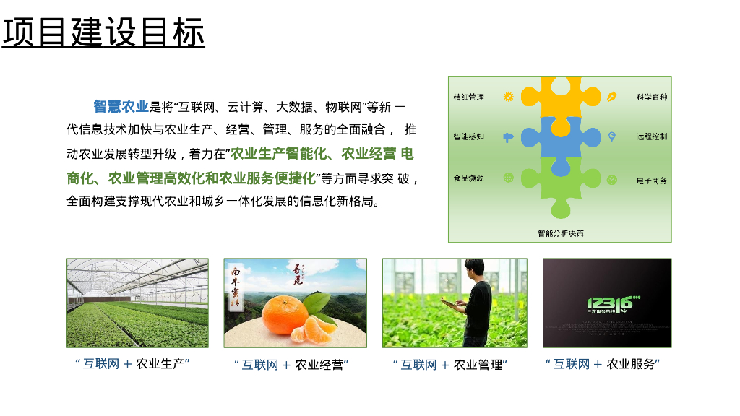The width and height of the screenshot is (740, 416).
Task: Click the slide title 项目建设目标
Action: click(x=103, y=32)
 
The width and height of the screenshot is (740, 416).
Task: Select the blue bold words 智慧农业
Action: click(x=120, y=107)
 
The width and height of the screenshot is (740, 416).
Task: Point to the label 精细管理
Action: click(x=468, y=97)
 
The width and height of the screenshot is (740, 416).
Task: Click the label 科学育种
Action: click(x=651, y=97)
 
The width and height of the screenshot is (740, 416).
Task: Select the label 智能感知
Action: click(x=468, y=136)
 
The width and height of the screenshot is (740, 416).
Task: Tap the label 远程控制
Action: click(x=651, y=136)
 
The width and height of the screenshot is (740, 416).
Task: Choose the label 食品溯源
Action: click(x=468, y=178)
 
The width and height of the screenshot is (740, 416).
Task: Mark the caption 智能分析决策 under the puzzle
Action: click(x=560, y=233)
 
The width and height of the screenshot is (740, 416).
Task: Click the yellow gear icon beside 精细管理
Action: click(x=508, y=97)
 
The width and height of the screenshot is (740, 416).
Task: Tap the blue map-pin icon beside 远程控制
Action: click(x=611, y=136)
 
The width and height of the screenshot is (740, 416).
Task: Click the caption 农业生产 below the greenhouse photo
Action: click(x=163, y=363)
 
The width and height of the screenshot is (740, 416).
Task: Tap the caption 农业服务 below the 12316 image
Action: click(x=633, y=364)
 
